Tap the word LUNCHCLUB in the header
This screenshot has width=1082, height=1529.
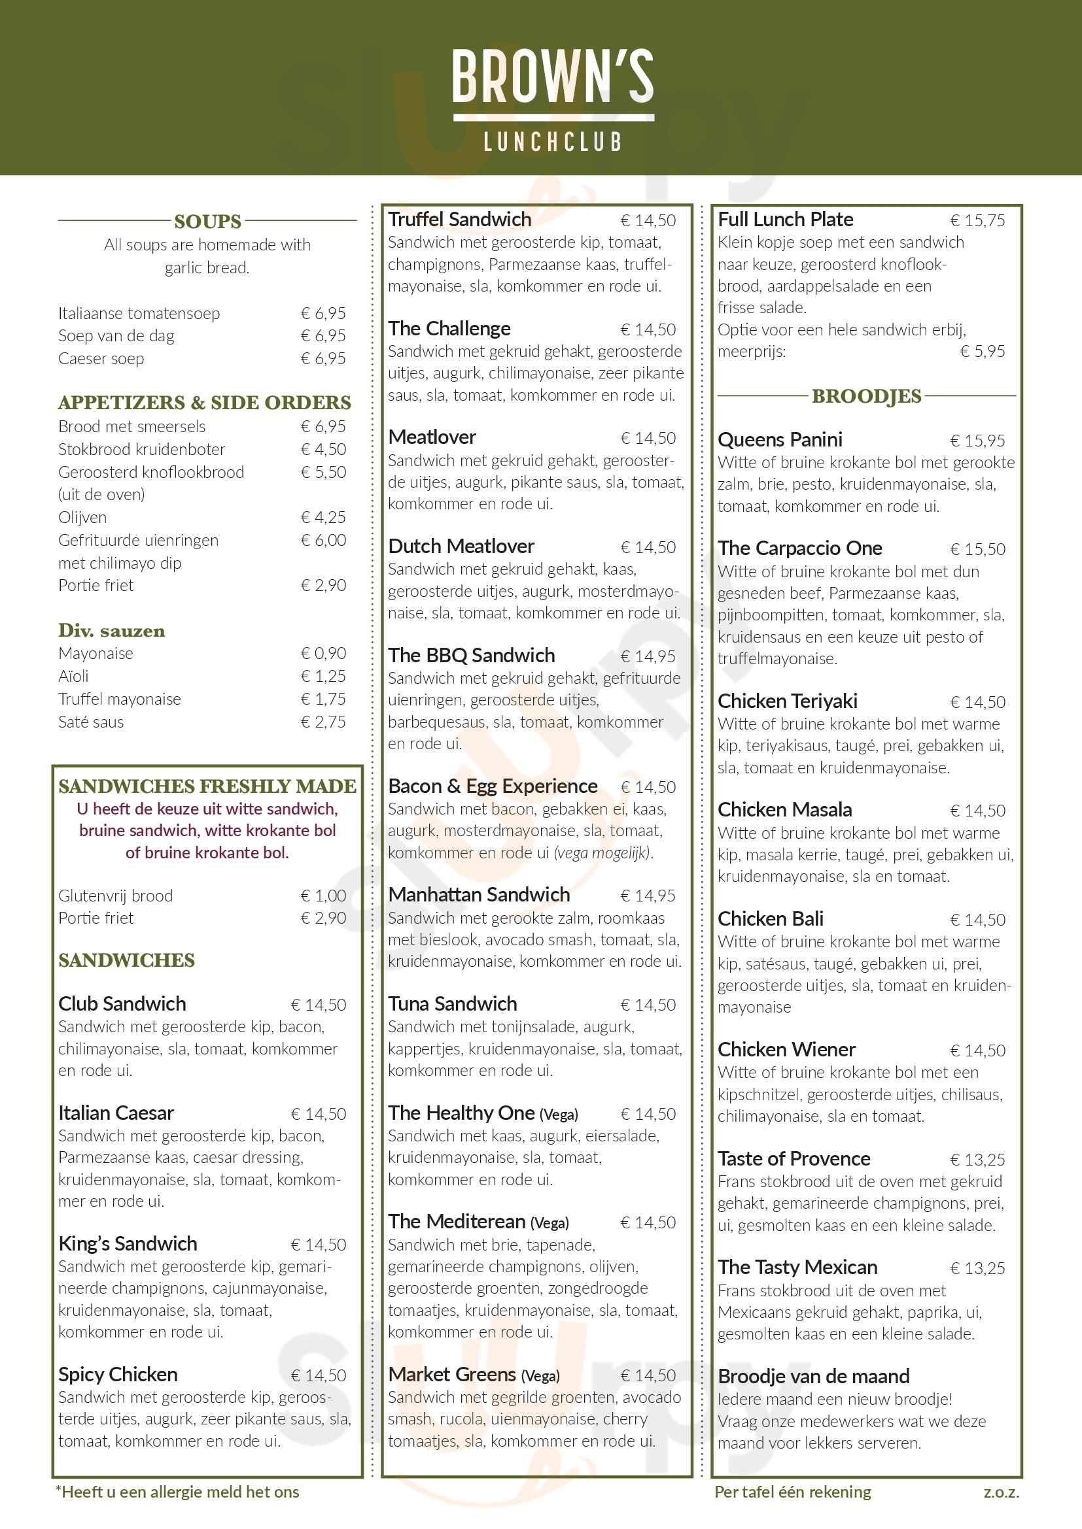(552, 142)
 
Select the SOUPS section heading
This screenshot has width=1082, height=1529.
(207, 221)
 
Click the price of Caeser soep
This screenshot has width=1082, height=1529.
(323, 359)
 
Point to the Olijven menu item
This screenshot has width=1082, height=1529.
(82, 518)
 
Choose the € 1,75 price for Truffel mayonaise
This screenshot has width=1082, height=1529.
(323, 699)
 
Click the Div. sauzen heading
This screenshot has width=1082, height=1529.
(111, 631)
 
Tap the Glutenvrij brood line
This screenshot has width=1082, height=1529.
(115, 896)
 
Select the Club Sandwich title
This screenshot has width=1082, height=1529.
(122, 1003)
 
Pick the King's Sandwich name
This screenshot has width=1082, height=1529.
(128, 1243)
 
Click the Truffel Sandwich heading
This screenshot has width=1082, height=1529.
(459, 219)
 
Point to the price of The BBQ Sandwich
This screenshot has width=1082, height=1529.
(648, 656)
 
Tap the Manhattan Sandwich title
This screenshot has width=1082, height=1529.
(479, 894)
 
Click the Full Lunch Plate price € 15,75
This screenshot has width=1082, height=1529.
(977, 220)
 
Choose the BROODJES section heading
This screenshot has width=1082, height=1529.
(866, 396)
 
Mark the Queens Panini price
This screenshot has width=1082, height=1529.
(977, 441)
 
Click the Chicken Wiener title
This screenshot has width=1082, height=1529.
(786, 1050)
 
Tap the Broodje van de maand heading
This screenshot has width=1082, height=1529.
(813, 1376)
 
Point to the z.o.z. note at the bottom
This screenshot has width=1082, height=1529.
(1001, 1492)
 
